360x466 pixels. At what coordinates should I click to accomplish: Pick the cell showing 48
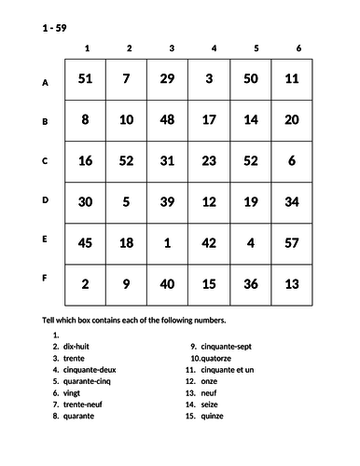tap(168, 120)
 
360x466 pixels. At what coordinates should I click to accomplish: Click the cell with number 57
tap(292, 242)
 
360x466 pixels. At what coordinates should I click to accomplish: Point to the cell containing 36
tap(251, 283)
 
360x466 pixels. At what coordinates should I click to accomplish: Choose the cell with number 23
tap(209, 160)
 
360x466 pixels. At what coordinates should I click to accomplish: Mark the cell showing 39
tap(168, 201)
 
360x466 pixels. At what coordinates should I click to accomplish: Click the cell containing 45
tap(85, 242)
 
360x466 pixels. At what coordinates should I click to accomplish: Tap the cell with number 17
tap(209, 120)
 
